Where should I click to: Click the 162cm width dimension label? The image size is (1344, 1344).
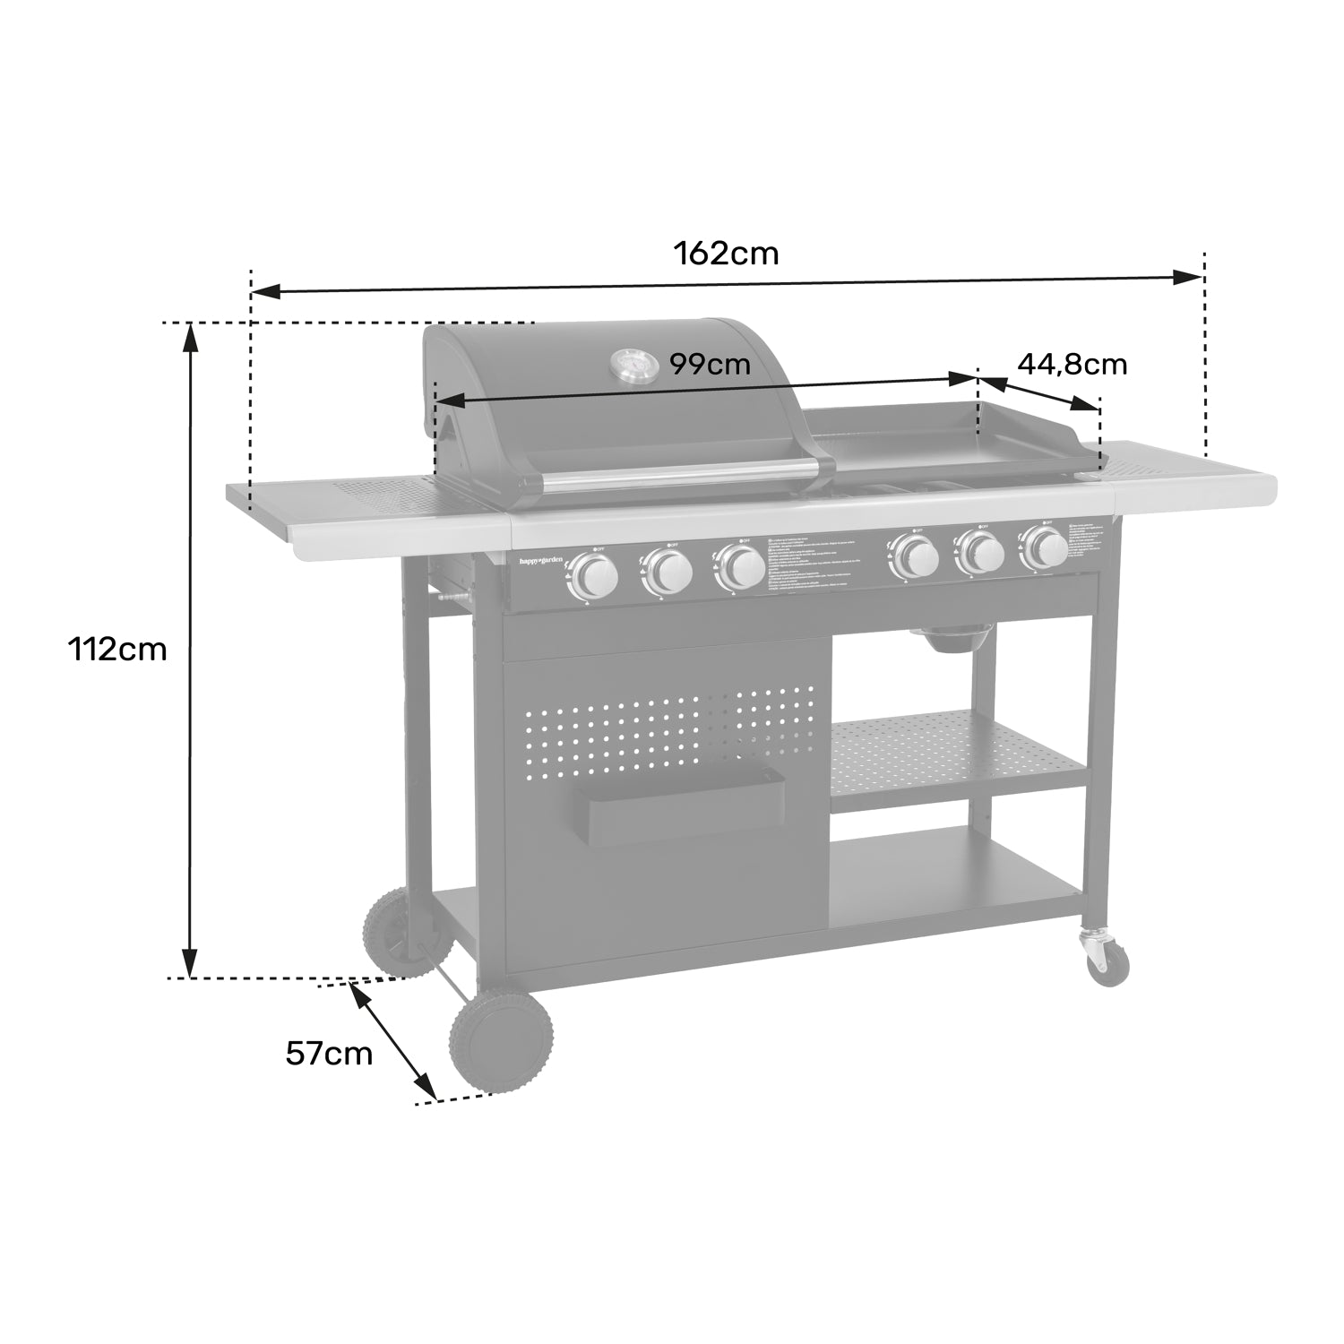point(726,254)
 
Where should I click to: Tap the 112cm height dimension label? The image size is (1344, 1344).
point(117,649)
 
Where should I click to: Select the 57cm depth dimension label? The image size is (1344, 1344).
point(329,1054)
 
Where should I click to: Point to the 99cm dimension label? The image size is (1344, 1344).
point(710,365)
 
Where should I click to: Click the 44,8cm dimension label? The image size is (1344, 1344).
point(1072,365)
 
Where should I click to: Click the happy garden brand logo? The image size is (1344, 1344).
point(543,561)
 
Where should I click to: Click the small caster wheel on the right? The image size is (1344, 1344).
point(1107,963)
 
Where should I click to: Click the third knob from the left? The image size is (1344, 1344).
point(741,568)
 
